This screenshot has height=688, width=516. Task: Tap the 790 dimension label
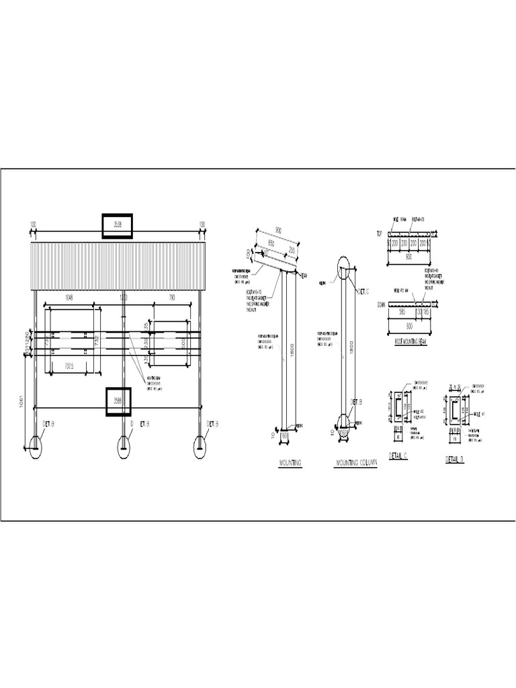pos(171,298)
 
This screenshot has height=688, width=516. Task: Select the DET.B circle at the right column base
pos(200,446)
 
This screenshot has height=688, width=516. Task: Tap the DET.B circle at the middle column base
pos(124,446)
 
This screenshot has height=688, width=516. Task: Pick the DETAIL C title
pos(398,457)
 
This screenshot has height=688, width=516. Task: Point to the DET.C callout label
pos(363,292)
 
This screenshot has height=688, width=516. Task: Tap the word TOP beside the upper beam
pos(379,233)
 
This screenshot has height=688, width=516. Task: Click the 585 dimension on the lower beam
pos(402,312)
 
